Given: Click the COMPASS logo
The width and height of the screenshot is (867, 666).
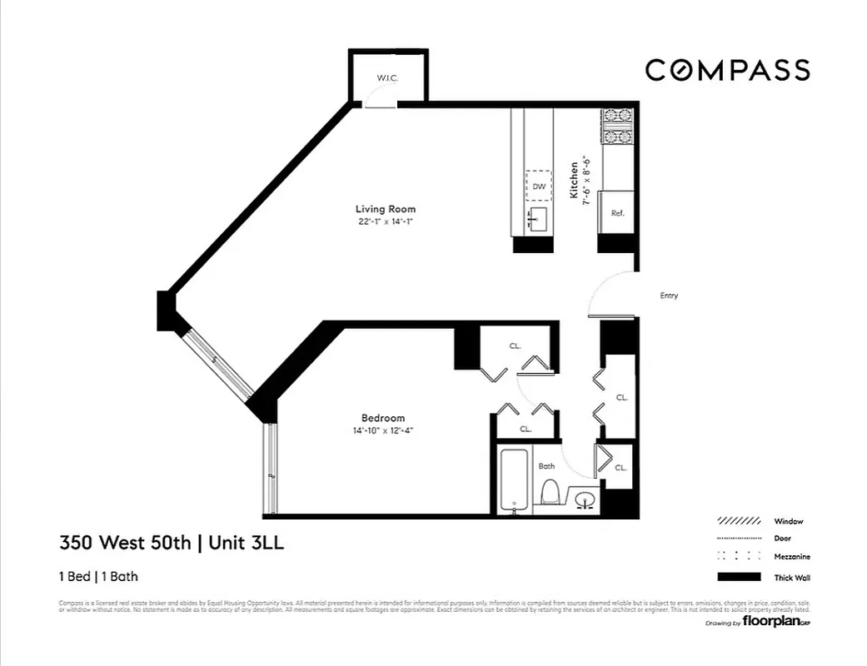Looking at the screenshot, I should click(x=727, y=70).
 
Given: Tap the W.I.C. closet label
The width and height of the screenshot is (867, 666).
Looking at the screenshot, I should click(x=387, y=78).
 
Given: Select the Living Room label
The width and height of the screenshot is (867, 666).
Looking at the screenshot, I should click(x=385, y=209).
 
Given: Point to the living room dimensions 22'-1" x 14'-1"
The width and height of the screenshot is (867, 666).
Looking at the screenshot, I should click(x=385, y=221).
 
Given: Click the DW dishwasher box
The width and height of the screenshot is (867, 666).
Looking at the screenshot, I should click(x=538, y=186).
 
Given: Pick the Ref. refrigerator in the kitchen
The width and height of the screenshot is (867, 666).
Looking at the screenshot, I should click(x=617, y=214).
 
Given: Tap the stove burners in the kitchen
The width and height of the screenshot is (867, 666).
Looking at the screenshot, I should click(x=617, y=127).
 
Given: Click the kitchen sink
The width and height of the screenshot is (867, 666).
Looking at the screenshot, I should click(x=537, y=220).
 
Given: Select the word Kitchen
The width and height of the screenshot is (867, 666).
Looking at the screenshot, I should click(x=574, y=180).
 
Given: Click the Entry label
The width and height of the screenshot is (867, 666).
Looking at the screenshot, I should click(x=669, y=296).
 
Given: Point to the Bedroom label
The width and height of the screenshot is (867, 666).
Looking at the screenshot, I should click(x=383, y=418).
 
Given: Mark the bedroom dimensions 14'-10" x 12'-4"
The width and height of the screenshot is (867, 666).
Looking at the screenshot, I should click(x=383, y=430).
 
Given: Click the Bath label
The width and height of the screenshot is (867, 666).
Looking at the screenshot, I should click(x=546, y=466).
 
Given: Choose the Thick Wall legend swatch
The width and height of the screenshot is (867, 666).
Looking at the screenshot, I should click(x=739, y=577).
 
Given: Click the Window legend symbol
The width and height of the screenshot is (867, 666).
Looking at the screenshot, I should click(x=739, y=521).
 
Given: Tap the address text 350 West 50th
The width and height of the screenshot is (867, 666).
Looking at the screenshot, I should click(x=125, y=544).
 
